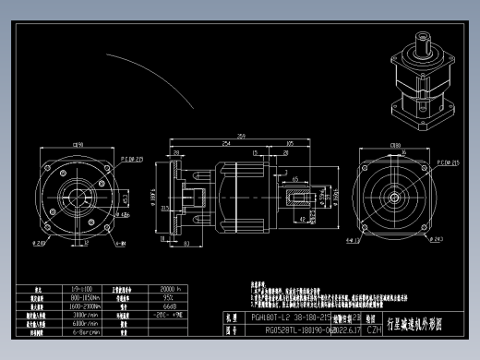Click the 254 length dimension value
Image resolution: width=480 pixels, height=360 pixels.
tap(226, 144)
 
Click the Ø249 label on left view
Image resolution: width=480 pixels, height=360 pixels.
tap(41, 244)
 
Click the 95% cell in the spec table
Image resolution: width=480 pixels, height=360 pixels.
tap(170, 297)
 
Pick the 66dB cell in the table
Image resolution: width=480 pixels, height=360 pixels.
tap(170, 306)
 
